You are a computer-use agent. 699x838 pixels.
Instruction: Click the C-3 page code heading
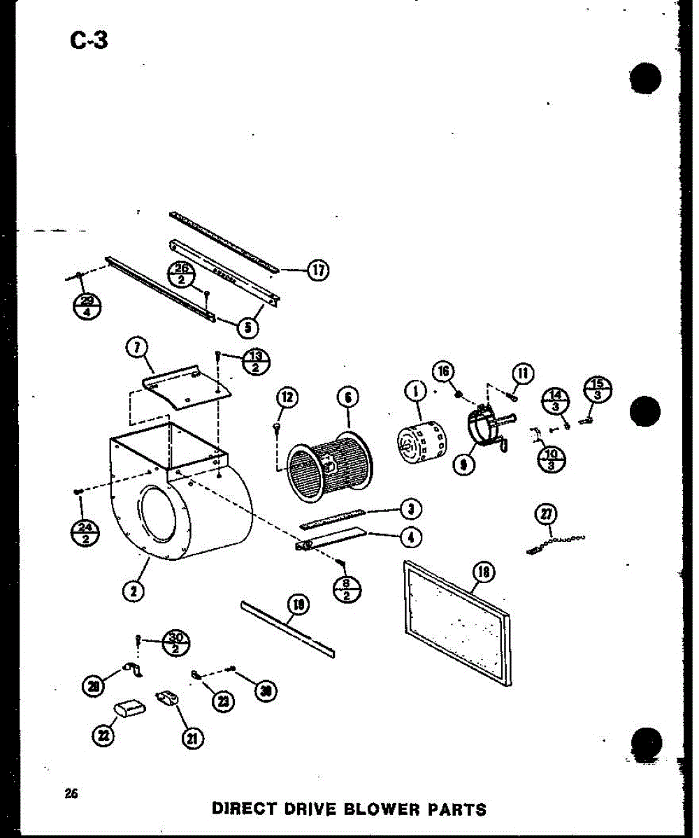pos(89,41)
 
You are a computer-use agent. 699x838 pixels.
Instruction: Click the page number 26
pos(71,793)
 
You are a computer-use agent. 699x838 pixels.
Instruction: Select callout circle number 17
pos(318,271)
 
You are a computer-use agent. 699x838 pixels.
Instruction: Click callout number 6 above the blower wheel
pos(347,398)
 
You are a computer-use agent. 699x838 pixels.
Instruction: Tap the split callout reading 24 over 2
pos(87,535)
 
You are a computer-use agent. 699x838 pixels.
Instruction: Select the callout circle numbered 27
pos(545,515)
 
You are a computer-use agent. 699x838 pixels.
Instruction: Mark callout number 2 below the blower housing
pos(133,591)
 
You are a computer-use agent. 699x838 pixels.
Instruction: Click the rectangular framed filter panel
pos(458,622)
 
